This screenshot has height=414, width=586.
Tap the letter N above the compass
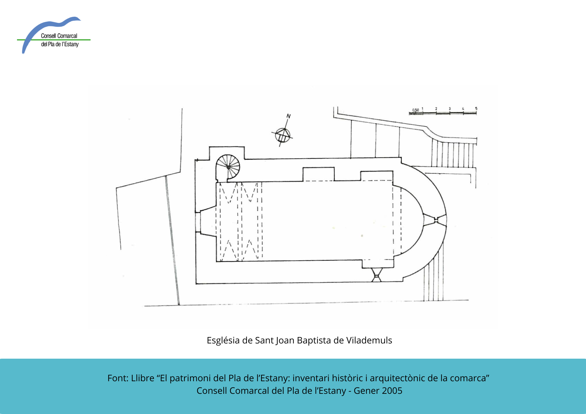289,116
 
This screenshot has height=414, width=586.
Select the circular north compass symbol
283,136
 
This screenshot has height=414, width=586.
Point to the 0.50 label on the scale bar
415,110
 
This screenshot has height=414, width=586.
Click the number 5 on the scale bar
476,108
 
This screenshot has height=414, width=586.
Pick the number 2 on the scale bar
436,109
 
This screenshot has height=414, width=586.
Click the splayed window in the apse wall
435,220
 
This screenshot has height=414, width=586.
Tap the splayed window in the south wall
377,275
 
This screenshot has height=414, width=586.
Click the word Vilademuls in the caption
369,340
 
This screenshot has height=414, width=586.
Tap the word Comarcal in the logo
67,36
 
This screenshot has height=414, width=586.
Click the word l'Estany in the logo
70,44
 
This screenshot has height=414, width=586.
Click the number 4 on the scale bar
463,109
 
